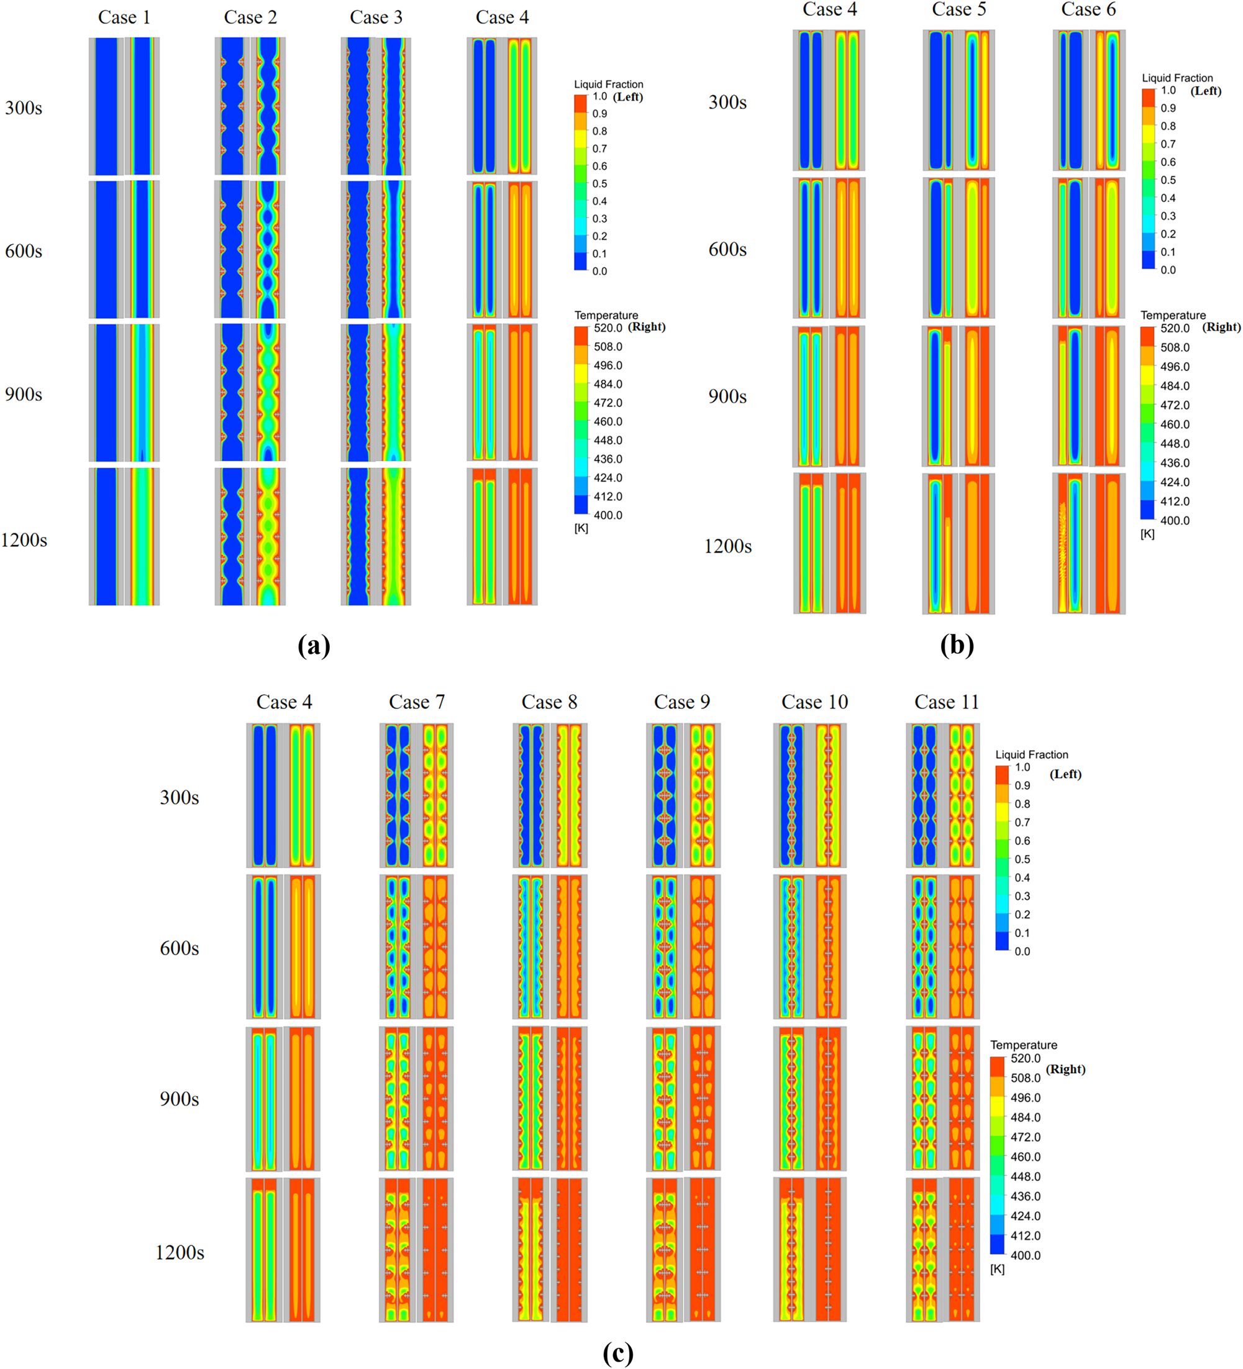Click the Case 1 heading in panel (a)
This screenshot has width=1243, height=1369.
(x=124, y=17)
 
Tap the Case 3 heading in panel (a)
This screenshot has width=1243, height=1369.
(x=375, y=17)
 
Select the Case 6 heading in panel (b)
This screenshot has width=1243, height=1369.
(x=1088, y=9)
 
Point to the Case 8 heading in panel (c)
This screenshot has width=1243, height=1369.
(x=549, y=702)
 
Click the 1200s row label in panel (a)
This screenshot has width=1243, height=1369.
(x=24, y=541)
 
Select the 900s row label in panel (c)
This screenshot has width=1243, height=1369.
(x=180, y=1099)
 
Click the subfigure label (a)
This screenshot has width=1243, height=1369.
(x=314, y=645)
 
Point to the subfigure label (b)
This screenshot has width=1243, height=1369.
(x=957, y=645)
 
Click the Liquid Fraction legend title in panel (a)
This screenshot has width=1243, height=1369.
(x=608, y=85)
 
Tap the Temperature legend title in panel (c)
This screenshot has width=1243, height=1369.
(x=1023, y=1045)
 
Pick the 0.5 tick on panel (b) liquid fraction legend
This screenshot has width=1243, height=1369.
(x=1168, y=180)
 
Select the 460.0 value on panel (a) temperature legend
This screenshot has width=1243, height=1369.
(x=608, y=422)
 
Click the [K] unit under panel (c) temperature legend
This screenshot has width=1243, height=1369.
(x=996, y=1269)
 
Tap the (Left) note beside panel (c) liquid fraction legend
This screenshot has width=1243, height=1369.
(x=1065, y=774)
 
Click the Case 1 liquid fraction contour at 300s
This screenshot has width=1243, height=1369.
(x=107, y=107)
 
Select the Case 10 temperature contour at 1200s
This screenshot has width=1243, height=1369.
(x=827, y=1250)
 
